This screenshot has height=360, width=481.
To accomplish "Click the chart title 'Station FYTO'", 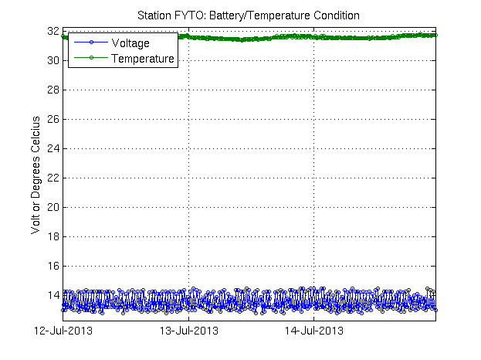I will coord(171,15).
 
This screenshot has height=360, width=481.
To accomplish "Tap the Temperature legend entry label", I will coord(143,58).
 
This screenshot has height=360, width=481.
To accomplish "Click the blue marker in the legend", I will coord(90,42).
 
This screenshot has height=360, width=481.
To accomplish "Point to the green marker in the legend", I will coord(90,58).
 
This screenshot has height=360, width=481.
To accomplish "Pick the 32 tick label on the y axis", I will coord(53,32).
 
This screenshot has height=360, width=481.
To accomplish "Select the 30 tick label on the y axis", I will coord(53,61).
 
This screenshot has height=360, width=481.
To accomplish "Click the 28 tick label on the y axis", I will coord(53,90).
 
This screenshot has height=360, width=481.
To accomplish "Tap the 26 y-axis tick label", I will coord(53,120).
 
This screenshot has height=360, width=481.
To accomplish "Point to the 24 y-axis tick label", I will coord(53,149).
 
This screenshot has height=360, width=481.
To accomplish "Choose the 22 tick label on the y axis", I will coord(53,178).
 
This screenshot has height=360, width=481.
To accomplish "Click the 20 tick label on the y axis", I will coord(53,208).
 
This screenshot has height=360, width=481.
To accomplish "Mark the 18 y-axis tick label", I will coord(53,237).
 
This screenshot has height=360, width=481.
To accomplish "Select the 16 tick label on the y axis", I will coord(53,267).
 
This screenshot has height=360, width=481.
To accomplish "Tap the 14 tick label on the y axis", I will coord(53,296).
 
